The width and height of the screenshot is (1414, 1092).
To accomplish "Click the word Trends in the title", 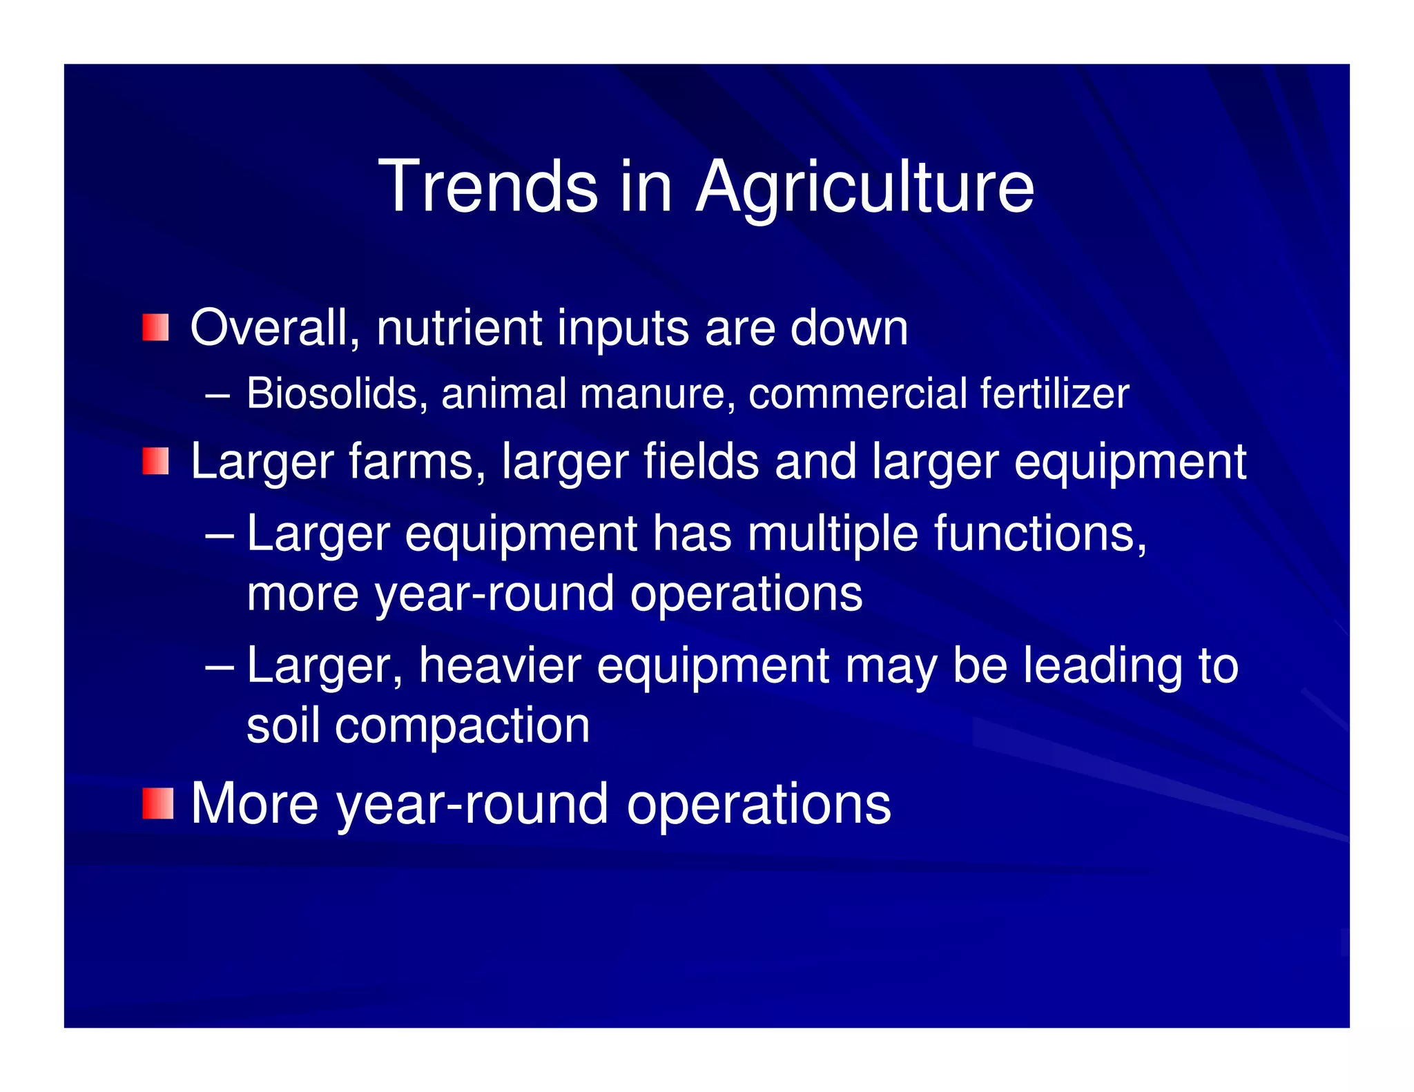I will point(487,186).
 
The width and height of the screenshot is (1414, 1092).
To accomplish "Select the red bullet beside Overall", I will point(156,327).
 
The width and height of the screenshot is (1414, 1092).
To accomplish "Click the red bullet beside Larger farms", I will point(156,461).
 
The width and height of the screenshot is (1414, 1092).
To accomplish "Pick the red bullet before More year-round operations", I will point(158,803).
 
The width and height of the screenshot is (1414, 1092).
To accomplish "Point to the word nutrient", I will point(458,327).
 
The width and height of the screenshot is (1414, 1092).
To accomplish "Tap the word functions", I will point(1040,534).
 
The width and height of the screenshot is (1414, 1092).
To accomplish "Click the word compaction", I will point(462,725).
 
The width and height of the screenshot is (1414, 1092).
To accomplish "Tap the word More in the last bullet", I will point(254,803).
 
